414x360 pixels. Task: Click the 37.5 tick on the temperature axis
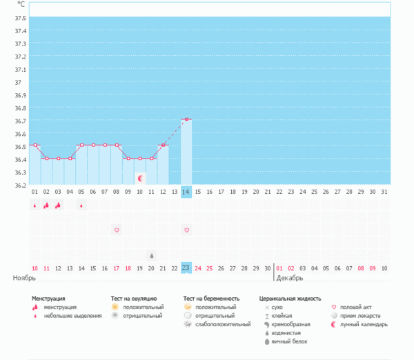click(x=20, y=17)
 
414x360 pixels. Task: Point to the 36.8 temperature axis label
click(x=20, y=108)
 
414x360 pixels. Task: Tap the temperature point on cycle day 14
click(x=186, y=119)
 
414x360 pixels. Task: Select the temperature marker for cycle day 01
click(x=34, y=145)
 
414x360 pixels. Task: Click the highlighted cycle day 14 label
click(x=186, y=192)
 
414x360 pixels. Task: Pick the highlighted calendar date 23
click(x=186, y=268)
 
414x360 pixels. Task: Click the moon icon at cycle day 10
click(x=140, y=178)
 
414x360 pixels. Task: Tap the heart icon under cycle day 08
click(x=117, y=229)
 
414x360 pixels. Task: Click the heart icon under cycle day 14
click(x=186, y=229)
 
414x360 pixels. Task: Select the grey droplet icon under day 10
click(x=152, y=254)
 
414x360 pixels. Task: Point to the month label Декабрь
click(x=290, y=278)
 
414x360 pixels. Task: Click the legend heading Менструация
click(x=53, y=299)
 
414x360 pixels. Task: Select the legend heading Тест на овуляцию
click(x=135, y=299)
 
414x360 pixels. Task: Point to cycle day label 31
click(x=384, y=192)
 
